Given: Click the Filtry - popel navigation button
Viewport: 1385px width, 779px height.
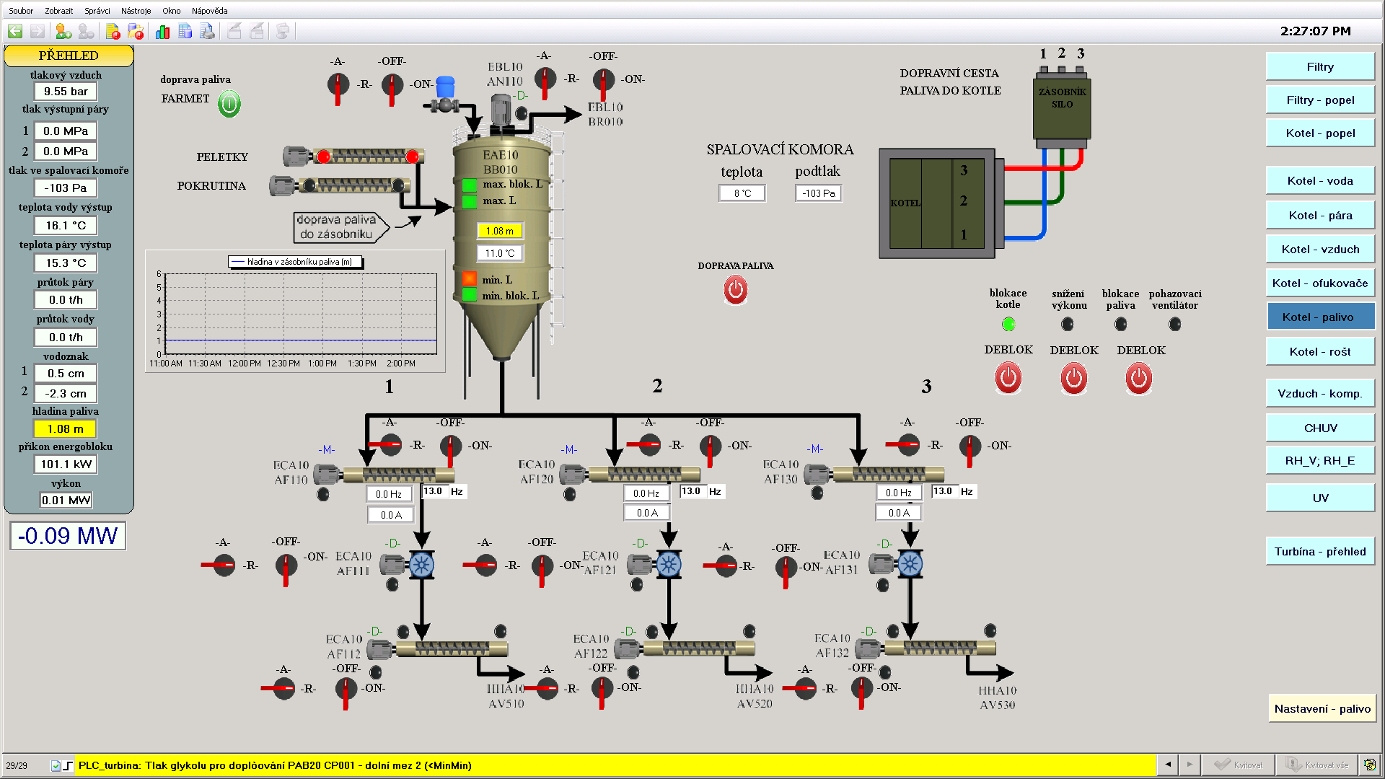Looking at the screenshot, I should click(x=1320, y=100).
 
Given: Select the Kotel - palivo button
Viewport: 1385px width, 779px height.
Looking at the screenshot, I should click(x=1320, y=317).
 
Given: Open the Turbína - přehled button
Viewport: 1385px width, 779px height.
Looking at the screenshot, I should click(x=1320, y=552).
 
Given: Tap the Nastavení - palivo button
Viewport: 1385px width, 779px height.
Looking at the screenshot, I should click(x=1322, y=709).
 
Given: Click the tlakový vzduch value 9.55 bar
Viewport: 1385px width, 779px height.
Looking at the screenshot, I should click(x=66, y=92).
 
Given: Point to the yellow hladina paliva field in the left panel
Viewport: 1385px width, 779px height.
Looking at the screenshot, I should click(x=66, y=429).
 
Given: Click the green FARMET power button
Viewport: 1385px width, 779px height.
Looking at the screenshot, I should click(x=229, y=104).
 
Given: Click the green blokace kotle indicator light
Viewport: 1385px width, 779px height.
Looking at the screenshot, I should click(x=1008, y=325).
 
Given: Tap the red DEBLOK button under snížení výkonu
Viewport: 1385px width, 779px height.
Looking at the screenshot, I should click(x=1073, y=379).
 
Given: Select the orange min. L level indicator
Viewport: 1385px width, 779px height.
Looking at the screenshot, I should click(x=470, y=279).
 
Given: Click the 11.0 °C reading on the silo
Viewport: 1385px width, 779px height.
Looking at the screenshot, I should click(x=499, y=253).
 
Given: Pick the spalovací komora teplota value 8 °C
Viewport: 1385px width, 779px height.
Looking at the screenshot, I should click(x=742, y=193).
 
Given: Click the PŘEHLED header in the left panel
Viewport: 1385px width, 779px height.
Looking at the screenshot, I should click(x=69, y=56).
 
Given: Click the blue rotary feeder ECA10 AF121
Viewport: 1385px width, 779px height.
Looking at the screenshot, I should click(x=669, y=564).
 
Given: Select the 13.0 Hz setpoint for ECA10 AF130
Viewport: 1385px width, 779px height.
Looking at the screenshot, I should click(x=944, y=492).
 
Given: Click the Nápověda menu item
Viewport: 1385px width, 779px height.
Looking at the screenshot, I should click(x=209, y=11).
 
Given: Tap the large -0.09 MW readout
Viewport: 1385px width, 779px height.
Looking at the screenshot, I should click(x=68, y=536).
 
